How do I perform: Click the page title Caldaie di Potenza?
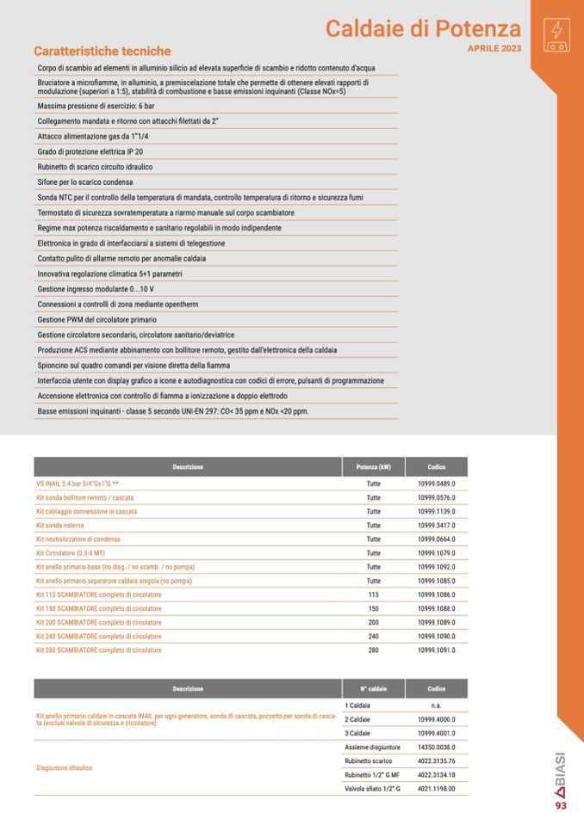coord(423,29)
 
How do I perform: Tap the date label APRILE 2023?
coord(494,49)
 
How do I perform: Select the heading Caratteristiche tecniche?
coord(102,52)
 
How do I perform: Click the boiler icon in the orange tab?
coord(556,32)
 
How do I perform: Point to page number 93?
coord(561,806)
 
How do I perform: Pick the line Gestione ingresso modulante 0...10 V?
coord(96,289)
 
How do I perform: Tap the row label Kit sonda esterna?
coord(60,525)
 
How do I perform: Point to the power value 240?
coord(373,636)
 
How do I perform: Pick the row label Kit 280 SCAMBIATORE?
coord(98,650)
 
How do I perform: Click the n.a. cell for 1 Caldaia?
coord(436,705)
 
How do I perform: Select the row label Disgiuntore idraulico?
coord(64,767)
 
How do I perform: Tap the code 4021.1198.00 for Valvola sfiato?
coord(436,789)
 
